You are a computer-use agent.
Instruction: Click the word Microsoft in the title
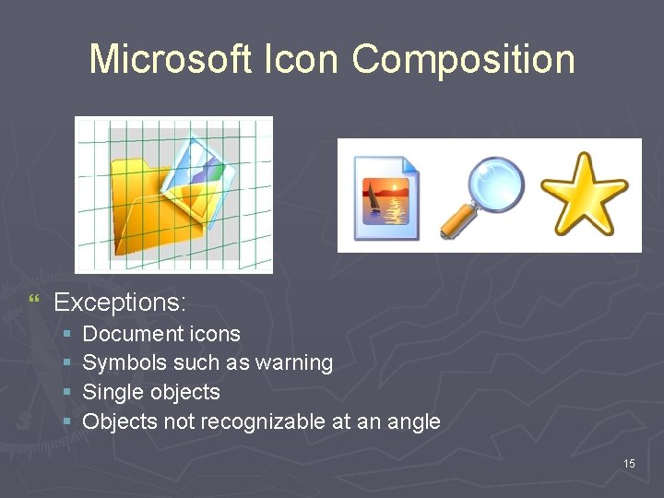coord(170,59)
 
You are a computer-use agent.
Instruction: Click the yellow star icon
coord(584,195)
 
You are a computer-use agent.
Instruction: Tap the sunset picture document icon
coord(387,198)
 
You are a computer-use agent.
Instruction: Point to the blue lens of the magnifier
coord(496,184)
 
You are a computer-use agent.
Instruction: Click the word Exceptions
coord(120,302)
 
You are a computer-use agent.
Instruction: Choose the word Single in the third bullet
coord(111,392)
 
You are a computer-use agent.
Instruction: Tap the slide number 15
coord(629,463)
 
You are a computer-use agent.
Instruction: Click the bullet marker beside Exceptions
coord(34,301)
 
